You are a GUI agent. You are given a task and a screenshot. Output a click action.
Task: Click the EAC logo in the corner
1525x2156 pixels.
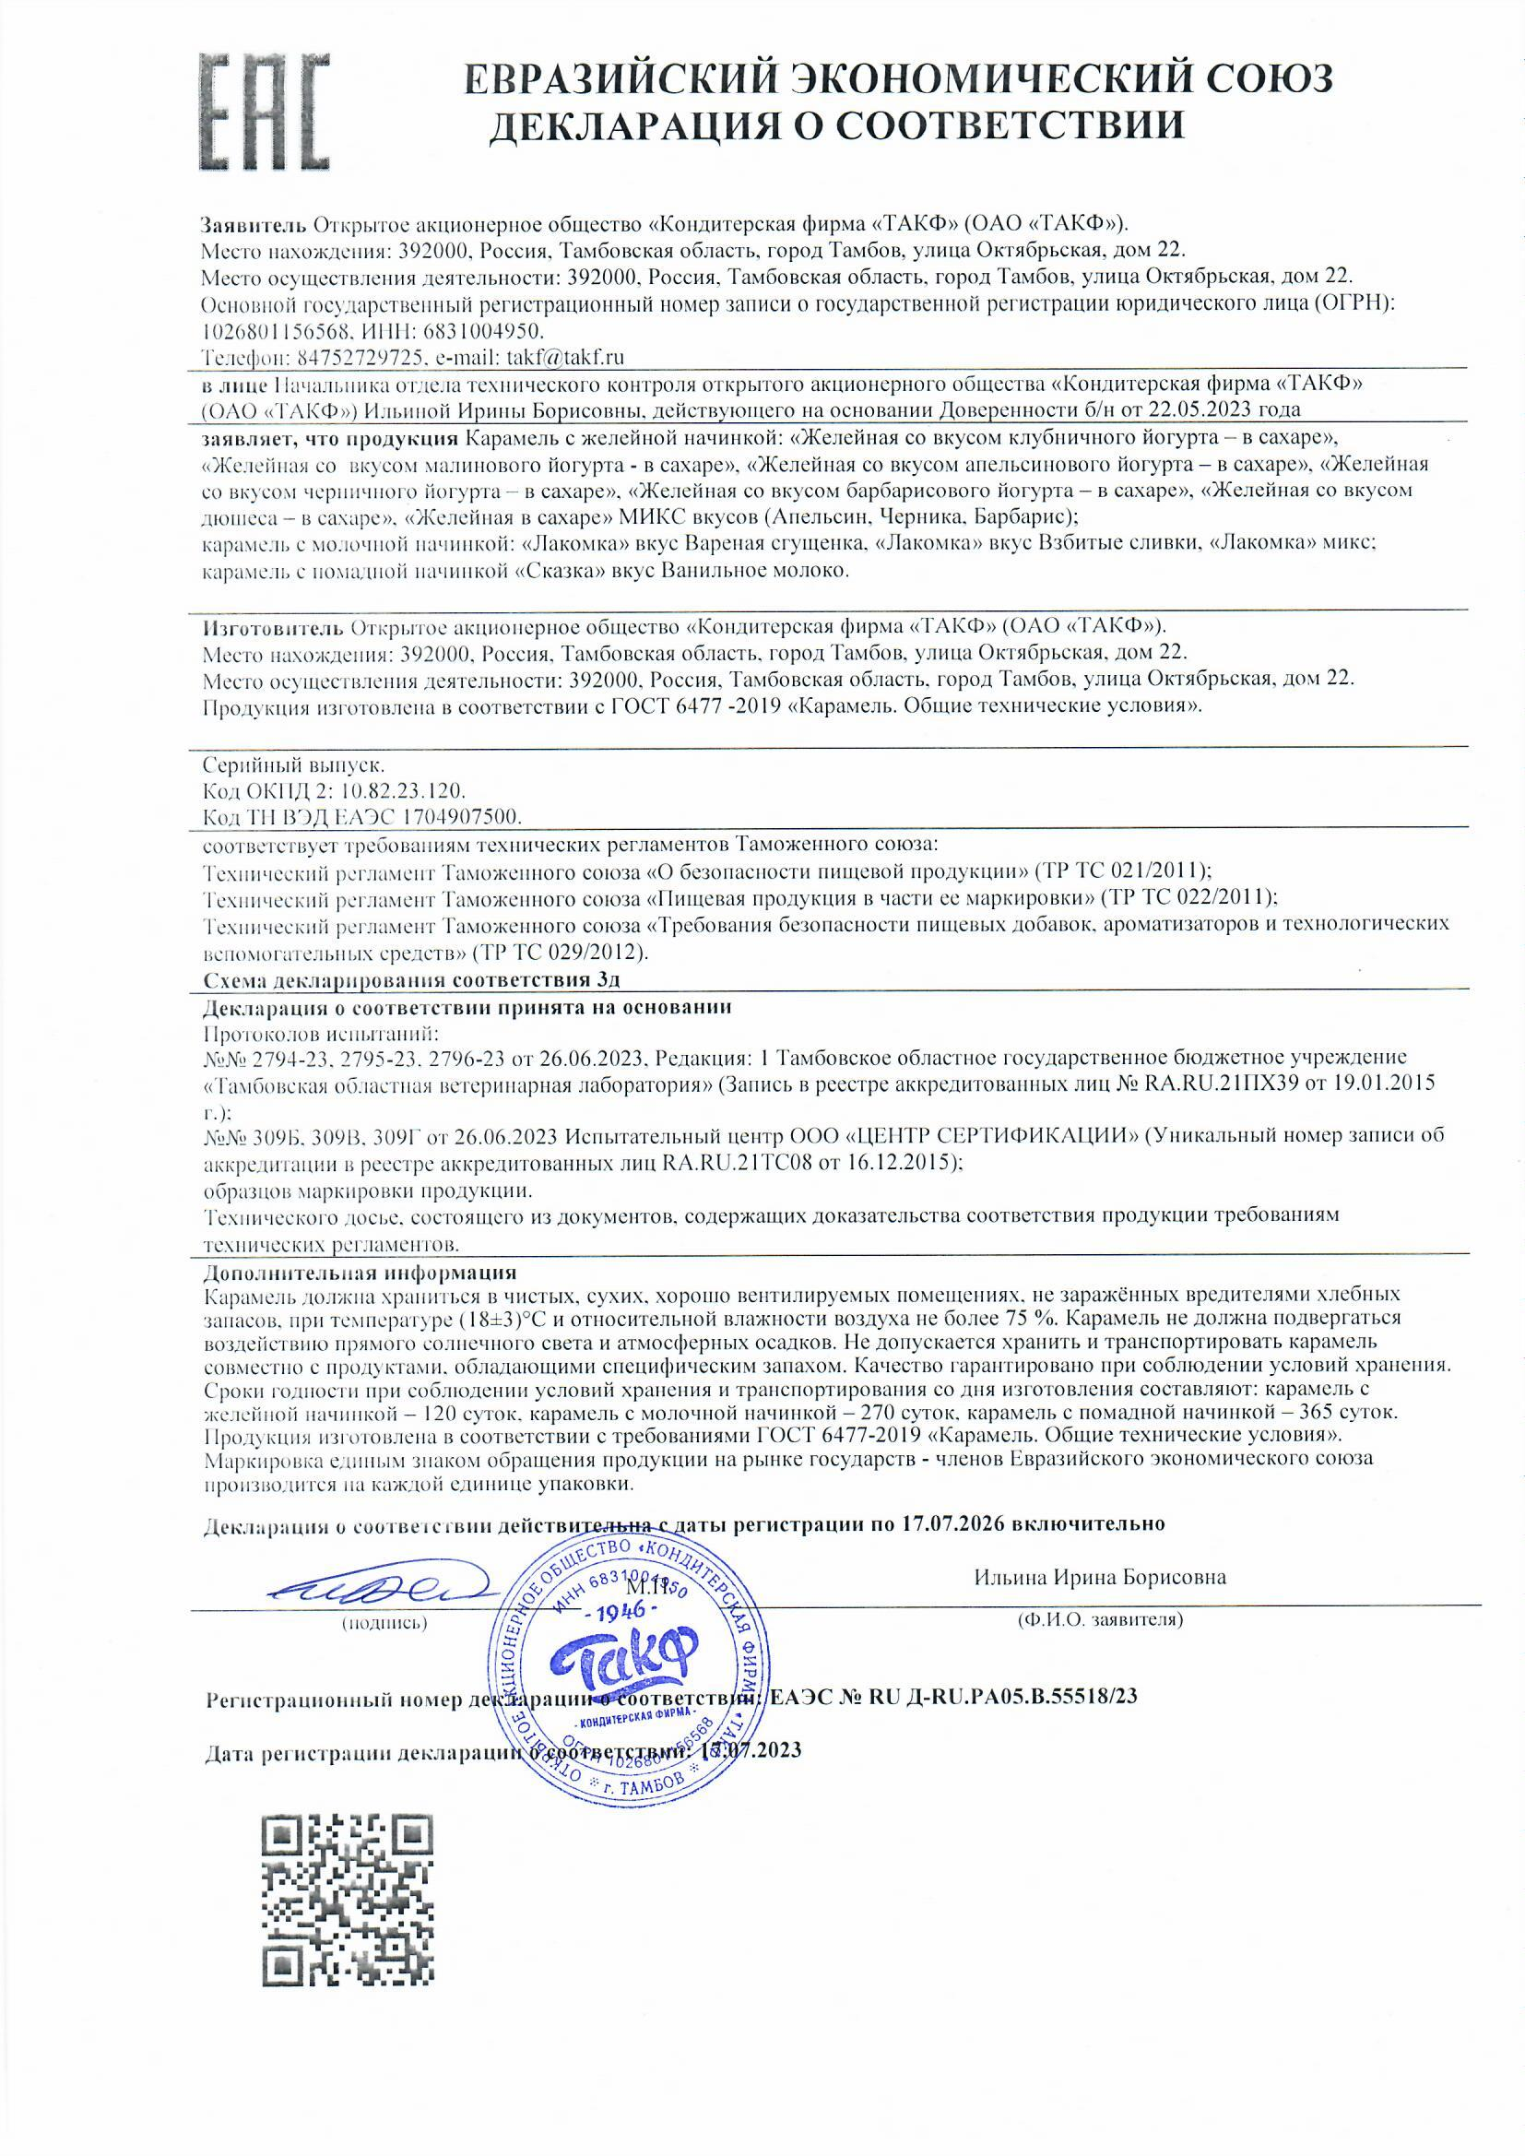266,111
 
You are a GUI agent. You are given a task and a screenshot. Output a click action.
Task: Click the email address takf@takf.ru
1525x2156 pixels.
565,357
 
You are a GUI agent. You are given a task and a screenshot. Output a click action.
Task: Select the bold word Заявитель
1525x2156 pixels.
254,225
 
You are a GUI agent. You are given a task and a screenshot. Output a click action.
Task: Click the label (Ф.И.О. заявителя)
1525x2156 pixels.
1100,1621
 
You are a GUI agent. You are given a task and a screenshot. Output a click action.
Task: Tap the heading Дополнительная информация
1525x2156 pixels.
360,1273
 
